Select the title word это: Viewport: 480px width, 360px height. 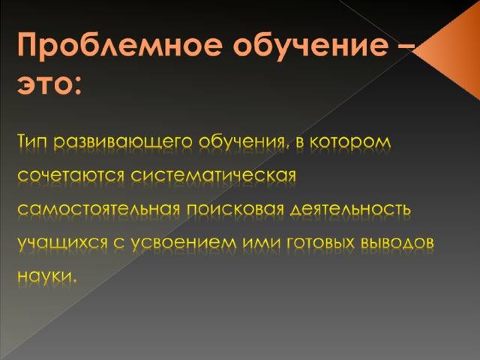pos(49,84)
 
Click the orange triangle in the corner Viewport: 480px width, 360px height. pos(448,51)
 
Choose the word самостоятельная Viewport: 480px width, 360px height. pos(98,210)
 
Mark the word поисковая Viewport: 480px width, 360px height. pos(235,210)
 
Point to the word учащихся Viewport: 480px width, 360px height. pos(63,244)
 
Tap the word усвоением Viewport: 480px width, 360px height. pos(184,244)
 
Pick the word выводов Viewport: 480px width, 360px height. pos(398,243)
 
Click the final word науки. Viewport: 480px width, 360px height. pos(46,277)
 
